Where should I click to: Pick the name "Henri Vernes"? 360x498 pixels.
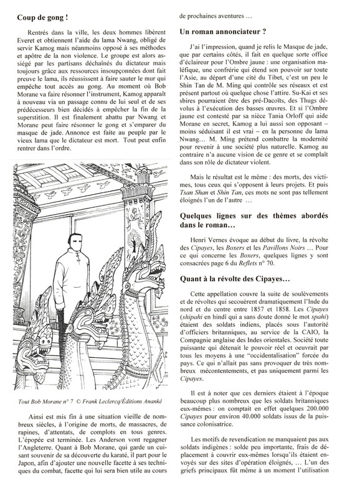pyautogui.click(x=210, y=233)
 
